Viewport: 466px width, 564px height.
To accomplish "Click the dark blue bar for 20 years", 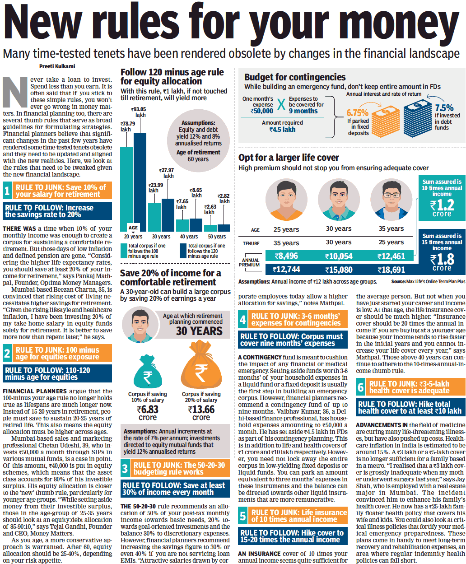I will (x=140, y=181).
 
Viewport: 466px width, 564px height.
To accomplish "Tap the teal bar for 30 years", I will (x=154, y=217).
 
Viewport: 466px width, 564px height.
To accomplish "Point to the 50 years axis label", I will (x=217, y=237).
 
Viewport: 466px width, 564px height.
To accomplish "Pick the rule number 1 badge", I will (x=7, y=191).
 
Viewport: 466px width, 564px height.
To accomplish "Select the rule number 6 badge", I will (x=361, y=387).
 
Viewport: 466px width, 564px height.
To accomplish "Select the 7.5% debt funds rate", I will (x=444, y=108).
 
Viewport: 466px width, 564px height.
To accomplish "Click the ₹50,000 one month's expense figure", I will (x=262, y=111).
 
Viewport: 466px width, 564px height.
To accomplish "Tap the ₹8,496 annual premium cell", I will (x=286, y=256).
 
